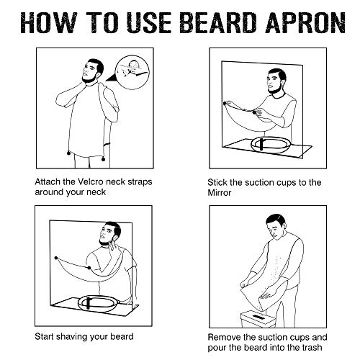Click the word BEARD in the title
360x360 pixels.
(218, 23)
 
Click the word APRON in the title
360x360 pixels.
(305, 23)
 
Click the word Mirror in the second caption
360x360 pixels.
(220, 193)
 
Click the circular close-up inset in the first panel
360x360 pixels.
(132, 72)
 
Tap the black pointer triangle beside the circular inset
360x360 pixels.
(112, 78)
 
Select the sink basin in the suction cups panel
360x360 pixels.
(271, 145)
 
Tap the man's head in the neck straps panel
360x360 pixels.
(93, 71)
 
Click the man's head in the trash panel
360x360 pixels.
(276, 227)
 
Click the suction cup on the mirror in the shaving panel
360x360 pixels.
(56, 258)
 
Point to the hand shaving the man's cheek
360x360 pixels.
(112, 248)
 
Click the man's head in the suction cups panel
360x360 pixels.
(276, 81)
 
